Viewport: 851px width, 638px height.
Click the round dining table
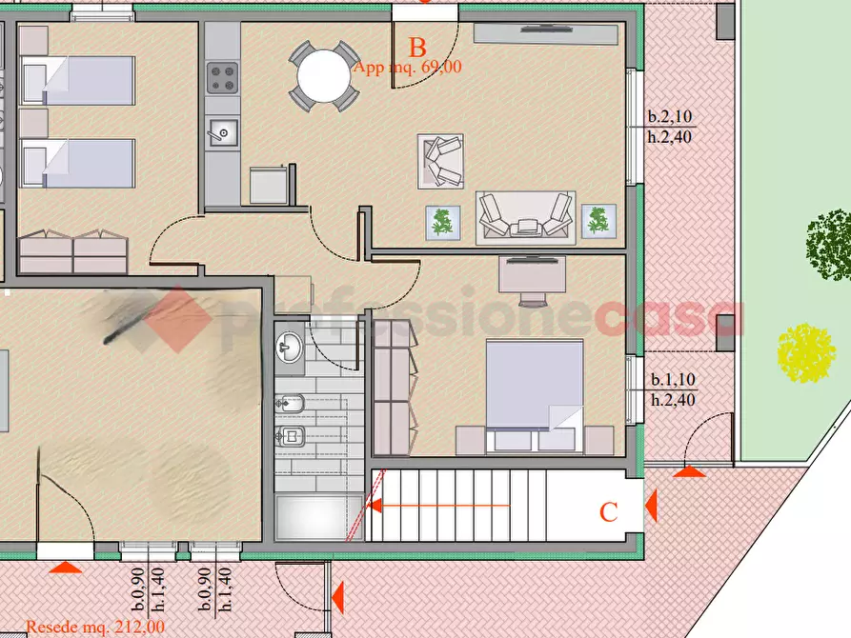pyautogui.click(x=323, y=75)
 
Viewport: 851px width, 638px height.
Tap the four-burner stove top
pyautogui.click(x=223, y=78)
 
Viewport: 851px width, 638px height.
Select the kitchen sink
pyautogui.click(x=223, y=132)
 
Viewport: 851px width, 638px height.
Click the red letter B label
pyautogui.click(x=416, y=48)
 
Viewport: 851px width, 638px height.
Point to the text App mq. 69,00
pyautogui.click(x=408, y=68)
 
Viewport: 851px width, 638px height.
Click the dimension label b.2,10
pyautogui.click(x=670, y=116)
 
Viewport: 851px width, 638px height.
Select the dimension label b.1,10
pyautogui.click(x=673, y=380)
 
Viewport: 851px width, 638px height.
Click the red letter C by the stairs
pyautogui.click(x=608, y=512)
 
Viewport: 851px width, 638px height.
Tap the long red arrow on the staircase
pyautogui.click(x=438, y=506)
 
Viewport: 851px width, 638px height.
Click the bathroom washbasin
pyautogui.click(x=289, y=348)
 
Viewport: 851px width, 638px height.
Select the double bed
pyautogui.click(x=535, y=395)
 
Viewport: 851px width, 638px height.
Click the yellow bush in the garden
pyautogui.click(x=806, y=353)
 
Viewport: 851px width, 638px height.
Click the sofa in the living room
pyautogui.click(x=525, y=218)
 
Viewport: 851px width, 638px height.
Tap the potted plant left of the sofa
pyautogui.click(x=443, y=223)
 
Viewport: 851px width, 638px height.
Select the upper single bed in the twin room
pyautogui.click(x=77, y=80)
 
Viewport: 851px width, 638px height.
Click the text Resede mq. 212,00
pyautogui.click(x=95, y=628)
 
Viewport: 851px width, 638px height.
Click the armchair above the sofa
pyautogui.click(x=440, y=162)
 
